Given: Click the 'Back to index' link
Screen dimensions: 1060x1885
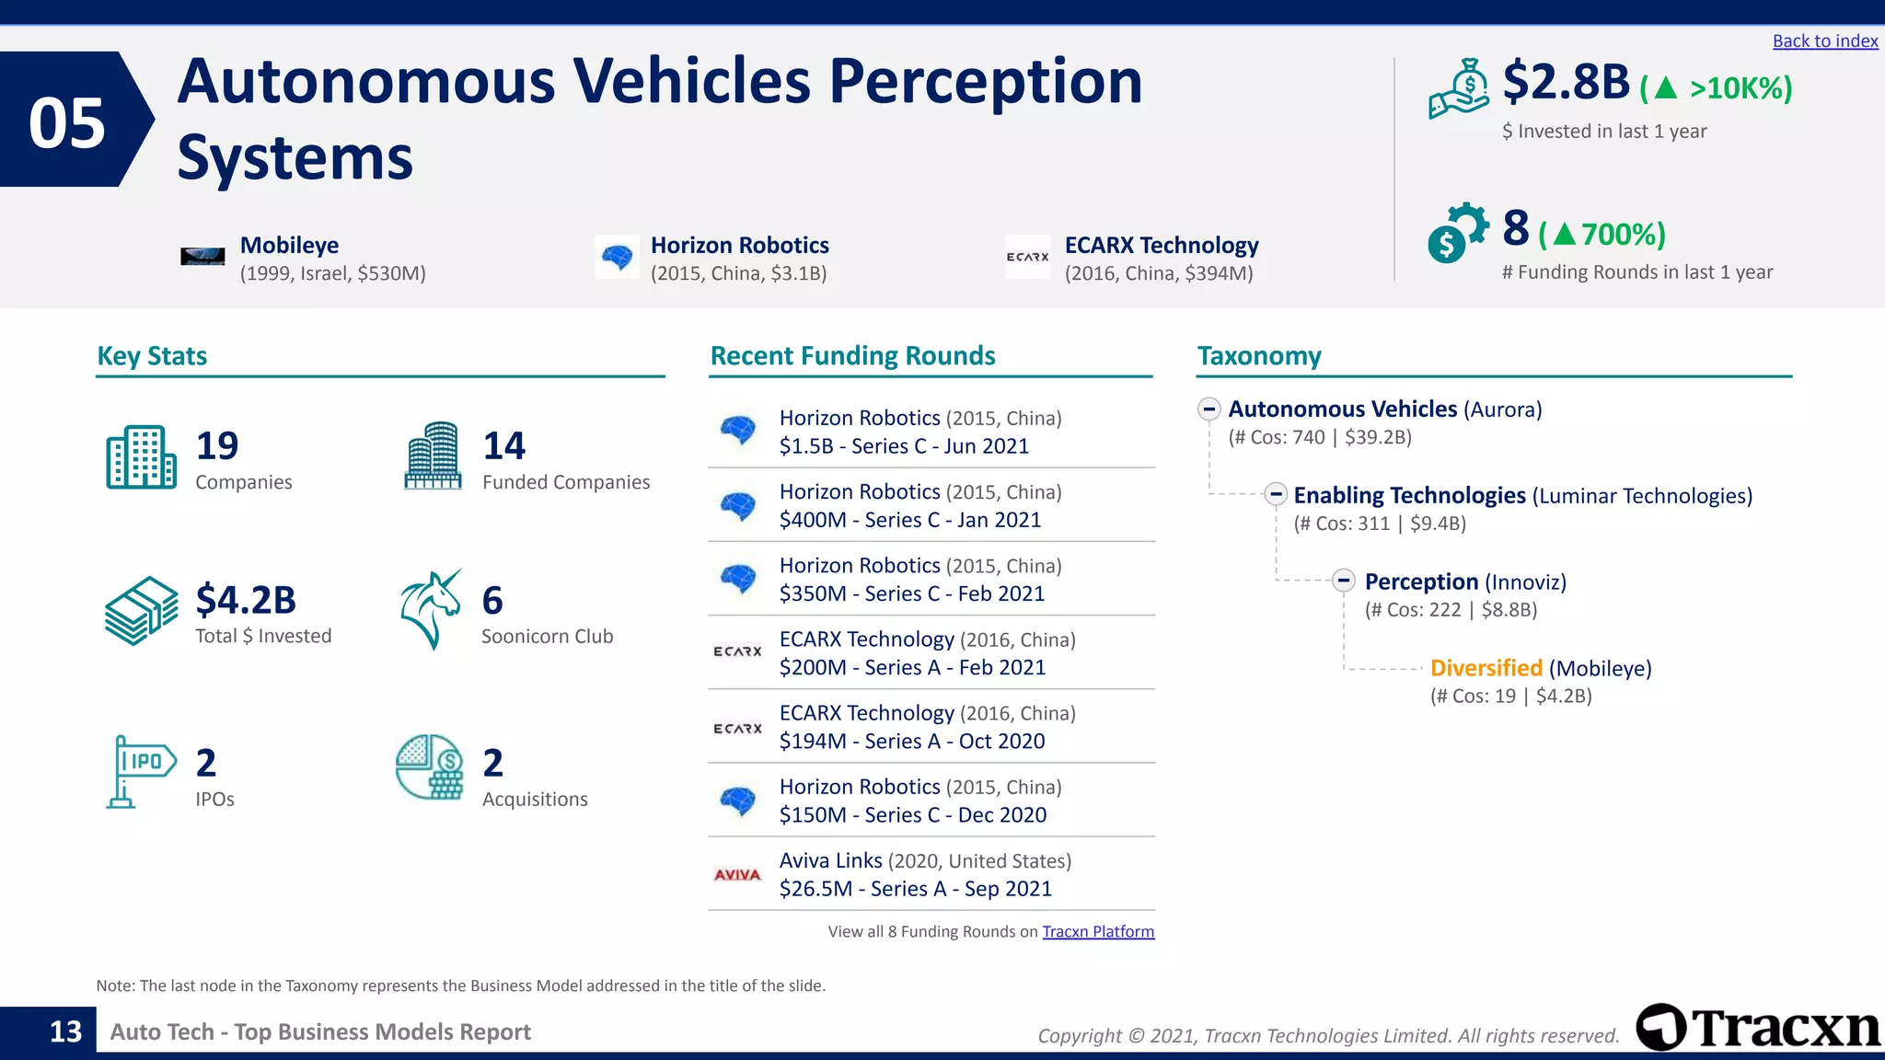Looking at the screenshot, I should (x=1824, y=41).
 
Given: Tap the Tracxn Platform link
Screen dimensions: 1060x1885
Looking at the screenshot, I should (x=1097, y=931).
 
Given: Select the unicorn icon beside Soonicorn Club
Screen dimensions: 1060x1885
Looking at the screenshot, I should (x=431, y=609).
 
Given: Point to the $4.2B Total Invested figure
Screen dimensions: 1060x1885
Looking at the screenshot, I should (x=246, y=600).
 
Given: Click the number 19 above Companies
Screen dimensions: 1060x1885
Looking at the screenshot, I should (x=217, y=446).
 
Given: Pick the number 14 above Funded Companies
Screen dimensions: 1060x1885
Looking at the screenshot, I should (x=504, y=446).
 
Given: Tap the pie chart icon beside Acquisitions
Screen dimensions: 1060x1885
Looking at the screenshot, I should (x=430, y=766).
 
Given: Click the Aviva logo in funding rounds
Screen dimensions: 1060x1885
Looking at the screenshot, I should (x=737, y=874).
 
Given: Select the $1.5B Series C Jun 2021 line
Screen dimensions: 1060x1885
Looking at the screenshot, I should (x=904, y=446).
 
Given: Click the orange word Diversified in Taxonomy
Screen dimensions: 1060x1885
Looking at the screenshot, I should (x=1486, y=668).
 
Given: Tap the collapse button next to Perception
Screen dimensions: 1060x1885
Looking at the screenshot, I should (x=1344, y=581).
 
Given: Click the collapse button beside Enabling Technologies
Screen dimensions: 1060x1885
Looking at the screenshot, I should (x=1275, y=494).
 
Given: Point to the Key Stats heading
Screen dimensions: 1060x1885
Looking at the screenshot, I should (x=152, y=356).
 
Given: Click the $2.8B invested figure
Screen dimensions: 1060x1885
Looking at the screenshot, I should (x=1566, y=83).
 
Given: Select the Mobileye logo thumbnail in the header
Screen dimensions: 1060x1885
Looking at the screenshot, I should (x=202, y=257).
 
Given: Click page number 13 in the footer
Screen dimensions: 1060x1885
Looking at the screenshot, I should (x=65, y=1031).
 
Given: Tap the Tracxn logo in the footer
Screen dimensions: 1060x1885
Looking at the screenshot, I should (x=1758, y=1028).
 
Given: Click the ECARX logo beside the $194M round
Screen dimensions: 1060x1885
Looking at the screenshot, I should (x=737, y=728).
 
